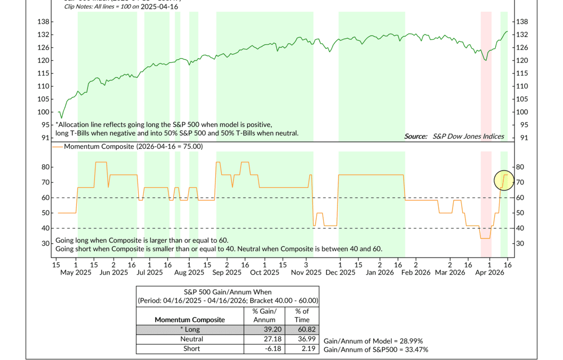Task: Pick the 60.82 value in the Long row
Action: tap(302, 329)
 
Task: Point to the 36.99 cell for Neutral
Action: tap(302, 339)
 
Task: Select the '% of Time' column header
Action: tap(302, 315)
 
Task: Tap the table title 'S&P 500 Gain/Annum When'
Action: tap(228, 292)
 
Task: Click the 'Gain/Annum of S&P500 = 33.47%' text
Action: tap(376, 349)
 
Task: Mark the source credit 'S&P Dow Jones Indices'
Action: tap(469, 136)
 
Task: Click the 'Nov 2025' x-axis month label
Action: tap(305, 272)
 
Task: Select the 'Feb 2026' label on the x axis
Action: tap(415, 272)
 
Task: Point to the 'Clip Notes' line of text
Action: tap(120, 6)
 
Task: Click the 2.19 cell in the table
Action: tap(302, 348)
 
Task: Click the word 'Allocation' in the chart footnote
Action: tap(75, 124)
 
